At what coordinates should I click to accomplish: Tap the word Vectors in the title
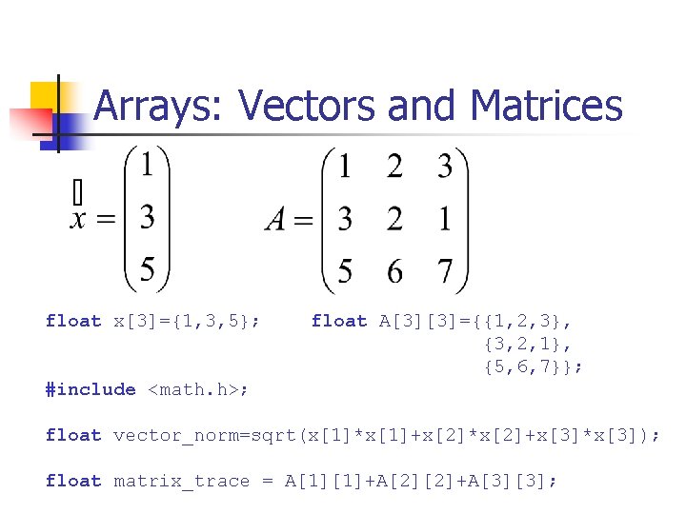point(302,107)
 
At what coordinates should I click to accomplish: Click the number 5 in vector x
point(148,269)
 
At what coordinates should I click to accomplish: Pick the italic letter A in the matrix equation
point(276,221)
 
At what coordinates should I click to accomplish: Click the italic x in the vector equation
point(80,220)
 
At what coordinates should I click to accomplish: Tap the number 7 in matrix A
point(445,271)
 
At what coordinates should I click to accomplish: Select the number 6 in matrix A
point(394,271)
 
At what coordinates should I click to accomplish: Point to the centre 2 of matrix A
point(394,220)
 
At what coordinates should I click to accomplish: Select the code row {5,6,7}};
point(534,366)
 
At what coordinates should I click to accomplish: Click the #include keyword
point(91,389)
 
